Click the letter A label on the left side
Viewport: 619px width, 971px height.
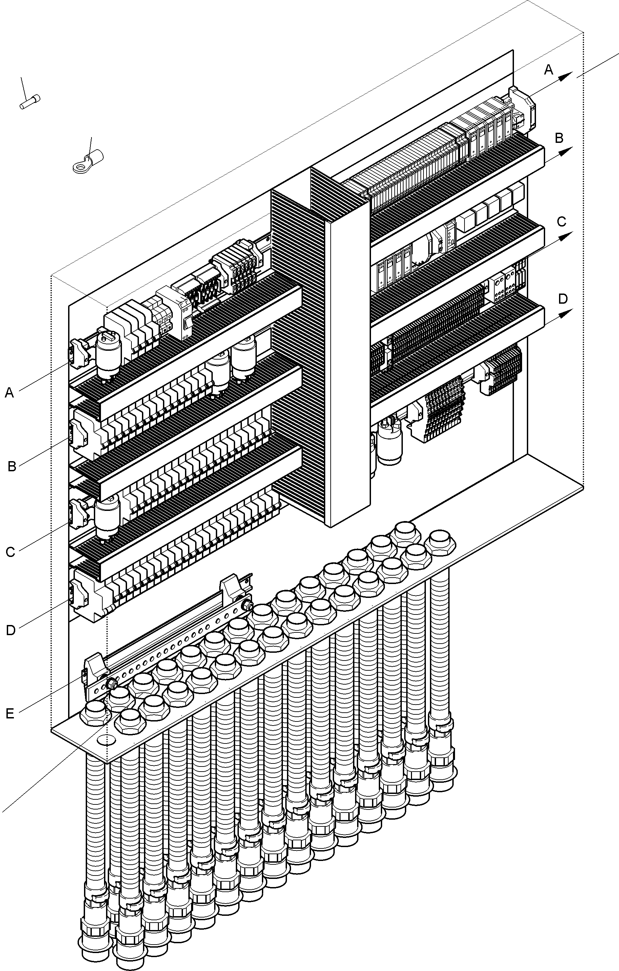(9, 392)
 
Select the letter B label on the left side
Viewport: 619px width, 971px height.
(12, 467)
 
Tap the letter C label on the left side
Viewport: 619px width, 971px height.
(11, 552)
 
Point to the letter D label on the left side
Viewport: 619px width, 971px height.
(11, 630)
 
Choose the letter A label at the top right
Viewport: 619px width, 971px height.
(549, 70)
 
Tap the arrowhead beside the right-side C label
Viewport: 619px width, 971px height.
(568, 235)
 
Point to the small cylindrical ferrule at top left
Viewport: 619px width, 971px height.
(30, 101)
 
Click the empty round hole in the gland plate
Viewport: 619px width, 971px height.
(106, 740)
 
